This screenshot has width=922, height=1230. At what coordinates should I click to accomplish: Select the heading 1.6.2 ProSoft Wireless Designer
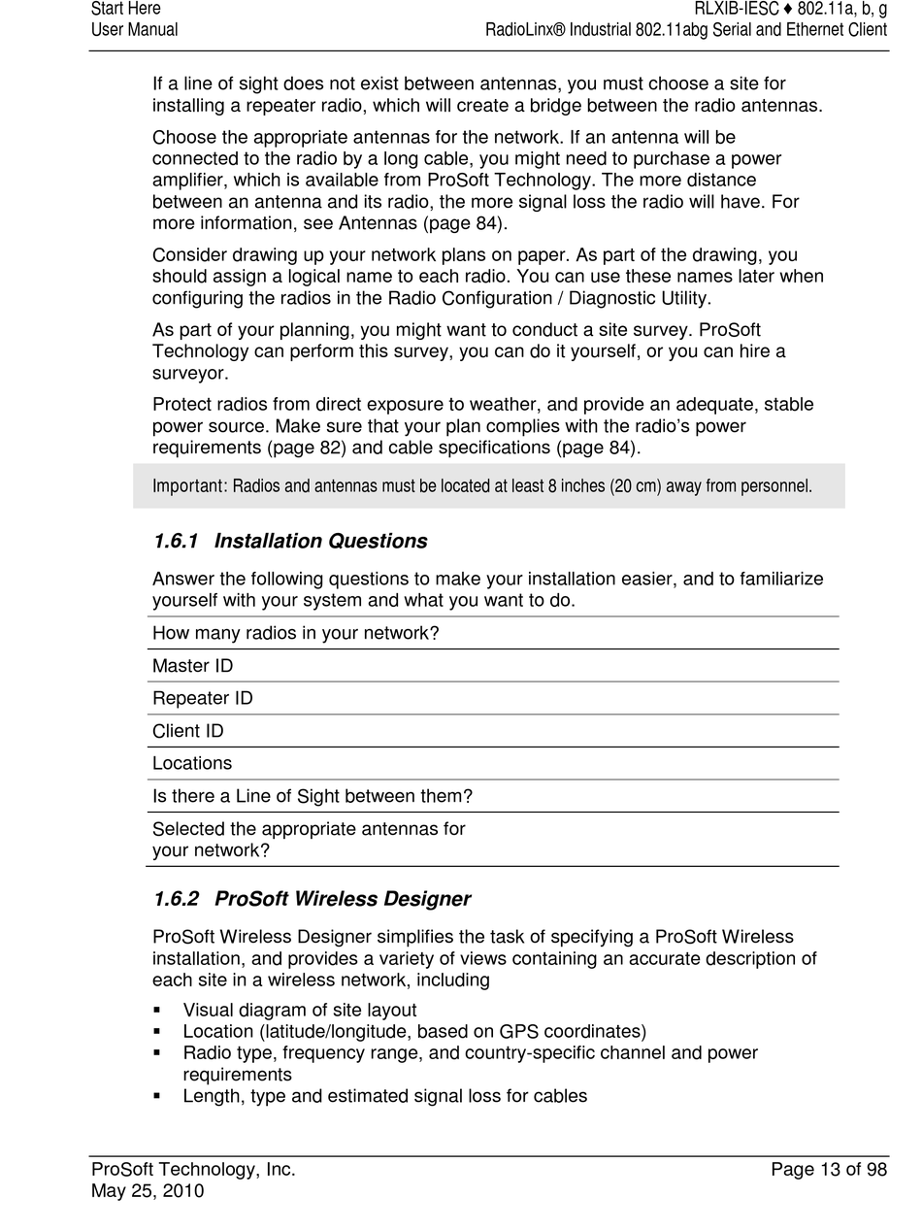(312, 900)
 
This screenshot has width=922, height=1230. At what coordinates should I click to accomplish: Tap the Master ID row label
(192, 666)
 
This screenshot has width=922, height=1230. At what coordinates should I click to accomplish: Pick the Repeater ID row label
(202, 699)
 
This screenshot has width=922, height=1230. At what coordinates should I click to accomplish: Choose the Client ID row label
(188, 731)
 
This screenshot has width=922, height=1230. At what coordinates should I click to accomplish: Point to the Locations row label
(192, 764)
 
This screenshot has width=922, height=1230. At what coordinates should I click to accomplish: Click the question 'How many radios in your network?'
(295, 634)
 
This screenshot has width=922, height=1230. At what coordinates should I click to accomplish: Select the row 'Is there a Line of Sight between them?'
(312, 797)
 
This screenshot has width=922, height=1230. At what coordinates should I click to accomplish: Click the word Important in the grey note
(188, 485)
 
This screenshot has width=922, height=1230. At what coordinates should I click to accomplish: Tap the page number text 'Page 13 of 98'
(828, 1171)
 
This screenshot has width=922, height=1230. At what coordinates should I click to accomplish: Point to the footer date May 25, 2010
(148, 1191)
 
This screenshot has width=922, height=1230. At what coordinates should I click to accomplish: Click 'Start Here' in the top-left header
(125, 9)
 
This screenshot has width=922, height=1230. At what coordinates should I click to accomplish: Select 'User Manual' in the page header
(134, 30)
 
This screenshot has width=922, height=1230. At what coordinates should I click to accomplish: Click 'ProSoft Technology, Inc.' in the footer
(193, 1171)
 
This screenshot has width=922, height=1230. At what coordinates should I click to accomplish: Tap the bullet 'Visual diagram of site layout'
(299, 1011)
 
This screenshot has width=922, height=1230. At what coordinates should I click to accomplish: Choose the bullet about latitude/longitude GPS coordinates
(413, 1032)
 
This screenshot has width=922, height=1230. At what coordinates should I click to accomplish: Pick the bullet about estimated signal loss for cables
(384, 1097)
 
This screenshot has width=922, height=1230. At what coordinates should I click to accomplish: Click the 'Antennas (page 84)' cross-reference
(420, 224)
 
